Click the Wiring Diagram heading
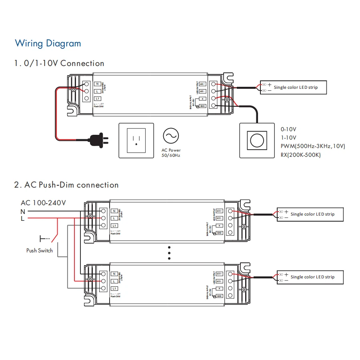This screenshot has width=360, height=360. point(48,43)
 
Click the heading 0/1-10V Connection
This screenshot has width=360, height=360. point(59,63)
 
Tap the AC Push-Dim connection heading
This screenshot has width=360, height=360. point(66,185)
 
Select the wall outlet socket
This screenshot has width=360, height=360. point(136,140)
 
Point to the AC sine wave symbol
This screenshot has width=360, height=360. point(171,136)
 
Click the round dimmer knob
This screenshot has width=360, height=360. point(256,140)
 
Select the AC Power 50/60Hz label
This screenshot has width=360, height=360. point(171,152)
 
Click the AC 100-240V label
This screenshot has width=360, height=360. point(43,203)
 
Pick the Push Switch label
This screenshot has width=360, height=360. point(40,250)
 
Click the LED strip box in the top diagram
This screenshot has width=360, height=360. point(293,87)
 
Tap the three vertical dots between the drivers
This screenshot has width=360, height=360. point(169,253)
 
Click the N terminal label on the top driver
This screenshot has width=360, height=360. point(98,84)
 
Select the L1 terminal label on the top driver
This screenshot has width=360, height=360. point(98,98)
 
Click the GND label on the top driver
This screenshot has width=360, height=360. point(202,106)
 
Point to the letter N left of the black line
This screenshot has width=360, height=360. point(23,211)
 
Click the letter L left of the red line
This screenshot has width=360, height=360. point(23,219)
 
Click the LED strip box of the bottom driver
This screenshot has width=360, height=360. point(310,277)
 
